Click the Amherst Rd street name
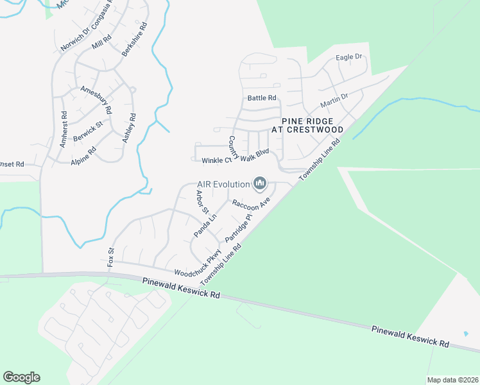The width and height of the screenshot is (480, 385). point(64,130)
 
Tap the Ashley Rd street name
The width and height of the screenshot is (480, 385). point(129,128)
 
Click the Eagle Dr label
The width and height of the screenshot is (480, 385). point(350,57)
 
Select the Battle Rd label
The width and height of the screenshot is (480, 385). point(262,98)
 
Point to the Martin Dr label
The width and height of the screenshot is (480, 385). point(334,101)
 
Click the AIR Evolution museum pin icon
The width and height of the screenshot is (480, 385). point(260,185)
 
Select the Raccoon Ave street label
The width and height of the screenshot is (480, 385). point(252,203)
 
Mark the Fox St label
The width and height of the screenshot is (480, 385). point(110,257)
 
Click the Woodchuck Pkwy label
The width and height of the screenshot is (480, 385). point(197,264)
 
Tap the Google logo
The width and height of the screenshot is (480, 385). point(21,377)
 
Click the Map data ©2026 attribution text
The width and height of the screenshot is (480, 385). point(452,380)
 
